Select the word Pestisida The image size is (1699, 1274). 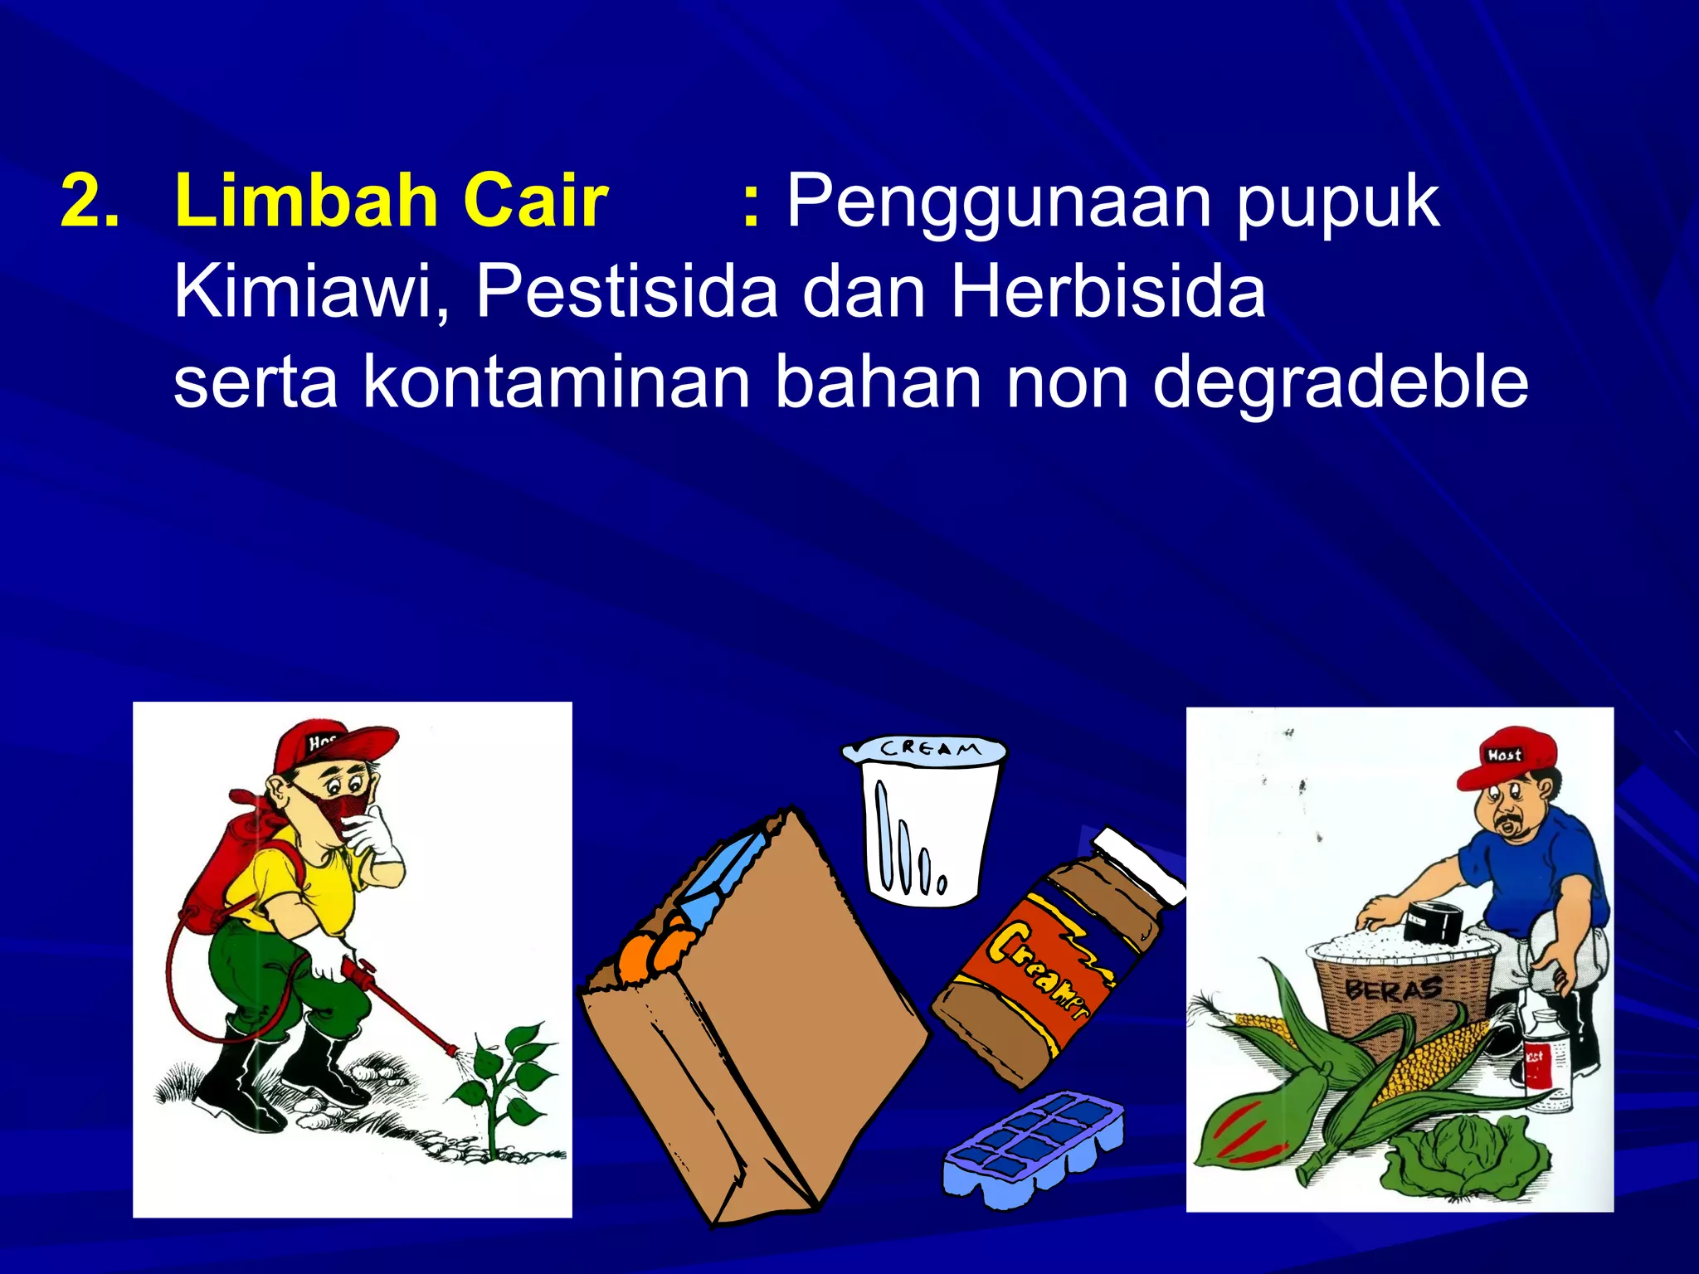click(x=626, y=292)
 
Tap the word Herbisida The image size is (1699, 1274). click(x=1108, y=292)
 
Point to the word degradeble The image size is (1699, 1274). click(x=1340, y=383)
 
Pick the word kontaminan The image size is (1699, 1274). click(x=557, y=383)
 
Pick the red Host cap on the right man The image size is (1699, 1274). click(x=1506, y=759)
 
